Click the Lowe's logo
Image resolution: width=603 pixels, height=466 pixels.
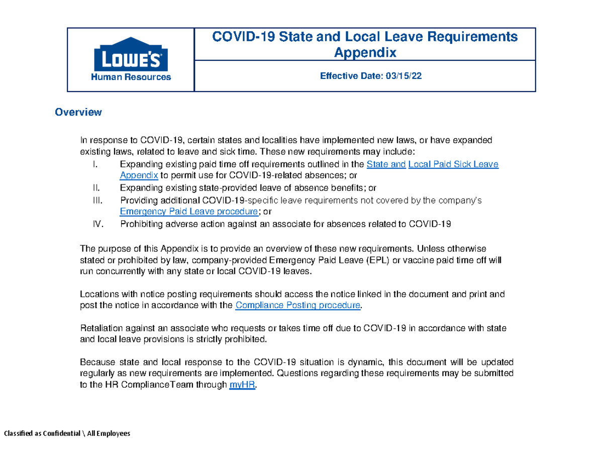click(131, 54)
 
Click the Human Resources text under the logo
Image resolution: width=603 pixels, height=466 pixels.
click(131, 77)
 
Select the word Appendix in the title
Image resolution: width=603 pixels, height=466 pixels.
click(365, 52)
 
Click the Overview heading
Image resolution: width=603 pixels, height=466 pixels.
click(78, 112)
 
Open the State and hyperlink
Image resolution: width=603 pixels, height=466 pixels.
click(386, 164)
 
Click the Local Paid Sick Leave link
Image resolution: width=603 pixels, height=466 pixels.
click(454, 164)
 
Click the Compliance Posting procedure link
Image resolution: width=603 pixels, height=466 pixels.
click(298, 306)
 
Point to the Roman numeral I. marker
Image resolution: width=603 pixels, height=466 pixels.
click(97, 164)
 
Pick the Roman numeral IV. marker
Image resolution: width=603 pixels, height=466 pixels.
click(98, 224)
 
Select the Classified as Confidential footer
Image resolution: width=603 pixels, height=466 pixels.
click(67, 433)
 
